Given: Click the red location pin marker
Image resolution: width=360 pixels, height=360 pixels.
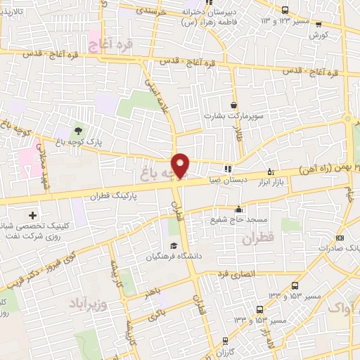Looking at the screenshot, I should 181,165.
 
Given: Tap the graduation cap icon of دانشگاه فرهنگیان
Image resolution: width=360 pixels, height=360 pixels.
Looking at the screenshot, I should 172,246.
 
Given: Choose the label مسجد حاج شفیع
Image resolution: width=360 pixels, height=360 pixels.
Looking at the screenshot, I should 238,219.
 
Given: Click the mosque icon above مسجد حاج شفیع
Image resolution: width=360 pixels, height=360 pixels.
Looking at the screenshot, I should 238,209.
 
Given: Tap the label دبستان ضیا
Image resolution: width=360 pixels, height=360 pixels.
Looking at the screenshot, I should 227,180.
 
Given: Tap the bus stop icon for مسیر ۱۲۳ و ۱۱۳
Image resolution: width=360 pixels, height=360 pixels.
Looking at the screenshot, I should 285,10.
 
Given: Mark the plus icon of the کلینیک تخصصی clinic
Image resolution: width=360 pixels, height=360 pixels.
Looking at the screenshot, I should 32,214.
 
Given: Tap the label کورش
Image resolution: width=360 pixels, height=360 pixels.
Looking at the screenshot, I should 319,34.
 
